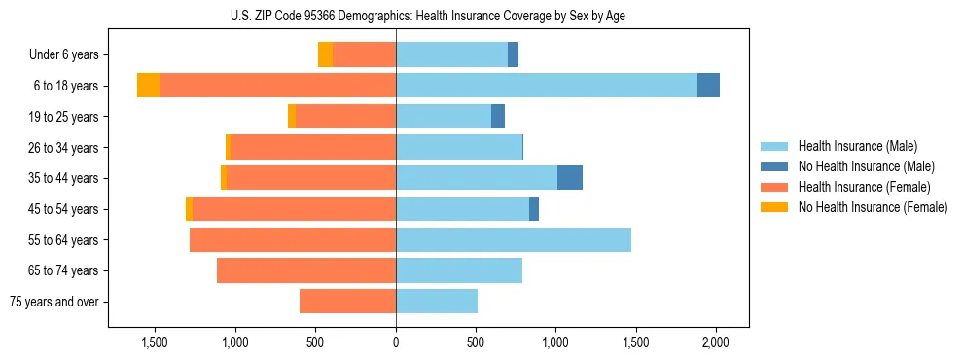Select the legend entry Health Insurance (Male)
pos(857,146)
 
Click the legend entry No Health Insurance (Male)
pos(864,166)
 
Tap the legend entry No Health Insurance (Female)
pos(872,207)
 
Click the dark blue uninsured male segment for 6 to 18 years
pos(708,86)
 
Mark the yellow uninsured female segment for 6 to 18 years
pos(148,86)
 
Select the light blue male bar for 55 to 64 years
pos(514,239)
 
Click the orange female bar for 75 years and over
pos(347,302)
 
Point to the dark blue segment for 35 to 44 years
pos(570,178)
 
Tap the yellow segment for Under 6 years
pos(325,54)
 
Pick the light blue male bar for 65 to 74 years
pos(459,270)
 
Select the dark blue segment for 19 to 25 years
pos(498,117)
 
